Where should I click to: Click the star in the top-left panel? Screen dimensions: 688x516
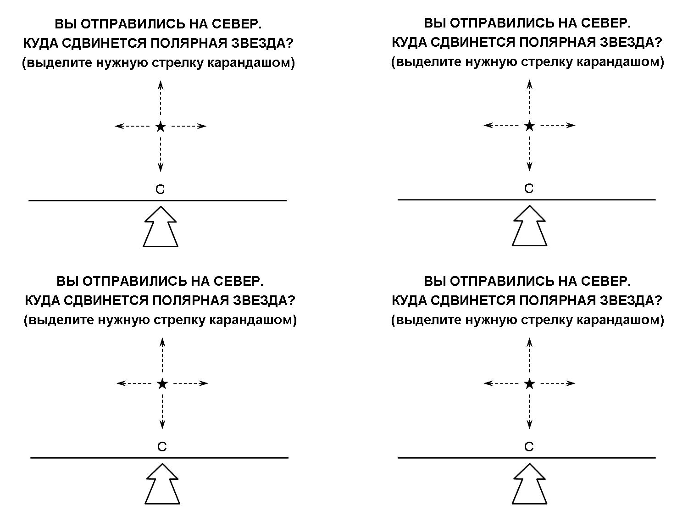[161, 127]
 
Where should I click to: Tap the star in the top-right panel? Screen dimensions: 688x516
[529, 126]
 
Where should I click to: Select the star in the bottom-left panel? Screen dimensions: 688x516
[162, 383]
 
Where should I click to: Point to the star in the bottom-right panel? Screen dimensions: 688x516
[529, 383]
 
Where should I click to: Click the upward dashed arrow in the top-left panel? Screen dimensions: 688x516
[161, 99]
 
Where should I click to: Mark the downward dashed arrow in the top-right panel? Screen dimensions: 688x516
[529, 154]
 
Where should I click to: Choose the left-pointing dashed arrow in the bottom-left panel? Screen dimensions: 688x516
[134, 383]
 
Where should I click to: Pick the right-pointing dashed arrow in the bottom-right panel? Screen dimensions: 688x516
[558, 383]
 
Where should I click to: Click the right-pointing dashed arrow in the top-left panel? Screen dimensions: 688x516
[189, 126]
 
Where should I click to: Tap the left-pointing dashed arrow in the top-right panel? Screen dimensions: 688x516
[501, 125]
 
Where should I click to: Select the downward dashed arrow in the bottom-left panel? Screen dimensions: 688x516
[162, 411]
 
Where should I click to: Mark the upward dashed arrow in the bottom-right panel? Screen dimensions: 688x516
[529, 355]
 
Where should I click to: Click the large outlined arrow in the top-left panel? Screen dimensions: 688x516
[161, 227]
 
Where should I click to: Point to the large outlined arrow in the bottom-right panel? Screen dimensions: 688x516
[529, 484]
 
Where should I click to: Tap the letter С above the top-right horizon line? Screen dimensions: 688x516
[529, 189]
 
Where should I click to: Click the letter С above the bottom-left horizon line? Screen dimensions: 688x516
[162, 447]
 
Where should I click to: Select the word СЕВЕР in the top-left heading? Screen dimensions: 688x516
[237, 24]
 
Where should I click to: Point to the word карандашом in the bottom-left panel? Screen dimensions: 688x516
[253, 320]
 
